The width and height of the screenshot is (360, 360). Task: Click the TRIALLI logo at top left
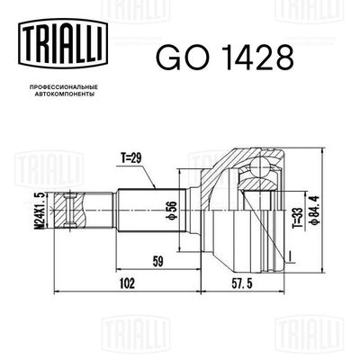pos(63,42)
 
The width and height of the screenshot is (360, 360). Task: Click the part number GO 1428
pos(224,57)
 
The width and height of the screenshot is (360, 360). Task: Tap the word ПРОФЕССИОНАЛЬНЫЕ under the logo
pos(64,87)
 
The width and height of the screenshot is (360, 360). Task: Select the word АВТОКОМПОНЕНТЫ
pos(63,94)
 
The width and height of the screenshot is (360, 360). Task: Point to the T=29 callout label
pos(131,158)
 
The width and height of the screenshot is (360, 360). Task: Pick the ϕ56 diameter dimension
pos(171,211)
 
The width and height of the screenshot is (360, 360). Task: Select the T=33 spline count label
pos(297,214)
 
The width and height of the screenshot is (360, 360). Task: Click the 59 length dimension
pos(157,262)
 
